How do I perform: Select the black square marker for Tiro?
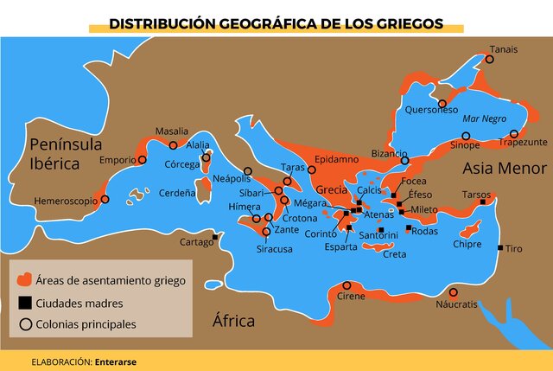click(500, 248)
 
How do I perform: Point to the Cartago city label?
click(196, 242)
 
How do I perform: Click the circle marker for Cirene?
click(346, 285)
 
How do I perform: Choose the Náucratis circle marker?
click(453, 292)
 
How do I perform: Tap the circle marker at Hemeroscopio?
click(105, 199)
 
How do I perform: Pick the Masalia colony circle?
click(173, 145)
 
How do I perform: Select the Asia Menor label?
click(504, 168)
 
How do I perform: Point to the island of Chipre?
click(471, 230)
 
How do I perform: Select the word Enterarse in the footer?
click(116, 361)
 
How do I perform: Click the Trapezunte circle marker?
click(514, 134)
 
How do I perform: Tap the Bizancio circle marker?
click(404, 160)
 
